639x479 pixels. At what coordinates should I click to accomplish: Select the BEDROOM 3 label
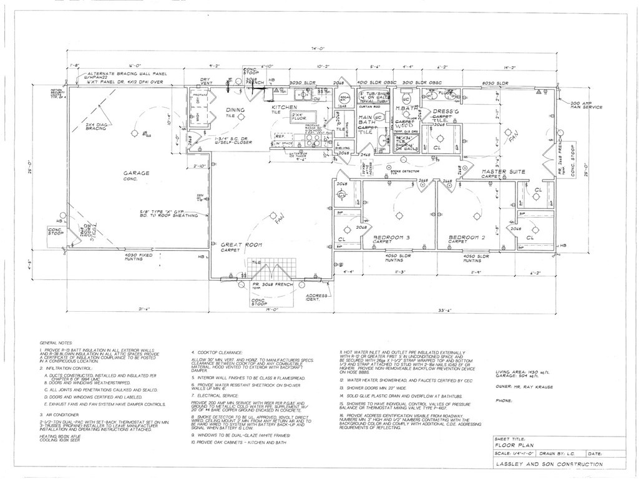click(392, 238)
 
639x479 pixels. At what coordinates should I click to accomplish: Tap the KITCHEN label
click(285, 108)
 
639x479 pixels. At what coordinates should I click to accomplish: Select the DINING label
click(235, 110)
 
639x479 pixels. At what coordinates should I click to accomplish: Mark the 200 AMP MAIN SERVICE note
click(583, 107)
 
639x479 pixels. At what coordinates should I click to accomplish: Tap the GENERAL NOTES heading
click(57, 343)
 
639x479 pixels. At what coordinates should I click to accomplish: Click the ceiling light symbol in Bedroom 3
click(398, 216)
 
